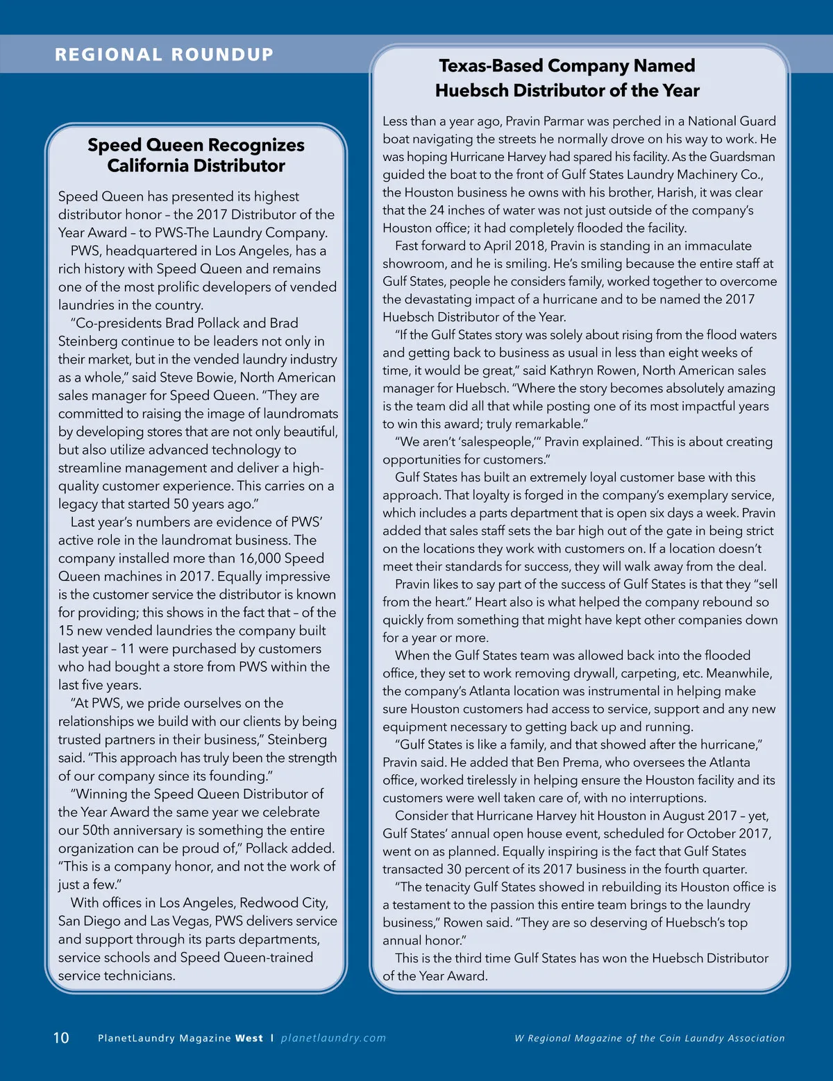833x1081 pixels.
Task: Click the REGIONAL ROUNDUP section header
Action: [x=165, y=55]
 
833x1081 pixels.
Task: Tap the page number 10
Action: [x=61, y=1038]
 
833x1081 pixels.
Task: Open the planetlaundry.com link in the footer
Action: [x=333, y=1038]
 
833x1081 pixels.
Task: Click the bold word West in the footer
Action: [x=249, y=1039]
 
